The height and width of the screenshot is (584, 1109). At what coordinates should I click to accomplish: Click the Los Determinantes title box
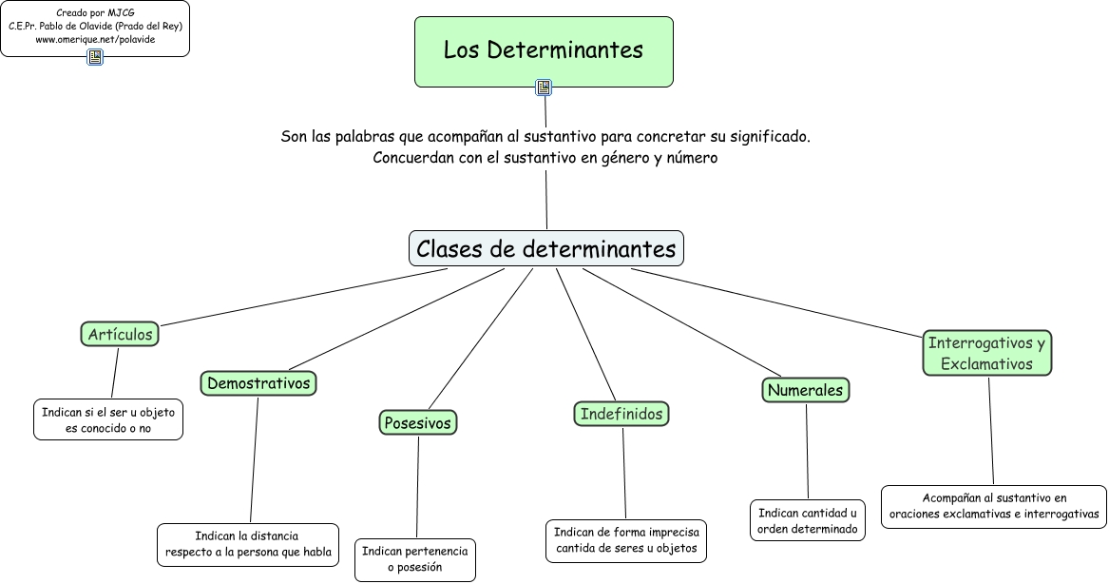click(x=544, y=50)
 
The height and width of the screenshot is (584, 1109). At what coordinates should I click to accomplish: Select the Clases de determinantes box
click(x=546, y=249)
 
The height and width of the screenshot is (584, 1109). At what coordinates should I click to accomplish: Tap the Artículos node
click(x=120, y=335)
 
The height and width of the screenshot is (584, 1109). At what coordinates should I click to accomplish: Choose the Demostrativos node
click(x=258, y=383)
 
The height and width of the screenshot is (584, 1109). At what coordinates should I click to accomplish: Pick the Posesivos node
click(x=418, y=422)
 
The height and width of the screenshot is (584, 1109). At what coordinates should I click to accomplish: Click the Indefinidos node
click(x=622, y=414)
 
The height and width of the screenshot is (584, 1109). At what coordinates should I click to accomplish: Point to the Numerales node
click(x=805, y=390)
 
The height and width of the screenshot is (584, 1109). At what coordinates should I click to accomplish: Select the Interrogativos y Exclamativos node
click(x=986, y=353)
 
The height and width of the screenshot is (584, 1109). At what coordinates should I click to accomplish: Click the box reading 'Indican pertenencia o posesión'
click(x=415, y=559)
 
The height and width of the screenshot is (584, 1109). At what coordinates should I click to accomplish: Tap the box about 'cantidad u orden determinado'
click(x=807, y=520)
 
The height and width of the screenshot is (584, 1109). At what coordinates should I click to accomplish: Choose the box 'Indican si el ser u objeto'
click(x=108, y=419)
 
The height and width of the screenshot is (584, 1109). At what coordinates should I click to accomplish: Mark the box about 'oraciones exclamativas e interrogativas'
click(x=994, y=506)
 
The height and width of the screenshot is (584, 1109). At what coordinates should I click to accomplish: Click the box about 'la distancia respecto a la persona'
click(x=248, y=544)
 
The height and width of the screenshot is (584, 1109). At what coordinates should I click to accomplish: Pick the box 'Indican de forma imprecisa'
click(x=626, y=539)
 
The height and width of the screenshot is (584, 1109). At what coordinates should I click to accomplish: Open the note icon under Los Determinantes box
click(x=544, y=88)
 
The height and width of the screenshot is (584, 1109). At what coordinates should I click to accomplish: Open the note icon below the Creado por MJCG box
click(x=95, y=57)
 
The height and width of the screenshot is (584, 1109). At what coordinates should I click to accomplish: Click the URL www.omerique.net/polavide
click(x=95, y=40)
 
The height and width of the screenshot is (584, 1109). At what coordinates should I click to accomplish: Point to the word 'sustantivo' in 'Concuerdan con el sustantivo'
click(x=531, y=158)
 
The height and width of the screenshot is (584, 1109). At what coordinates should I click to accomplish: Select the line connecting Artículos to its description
click(x=115, y=373)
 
